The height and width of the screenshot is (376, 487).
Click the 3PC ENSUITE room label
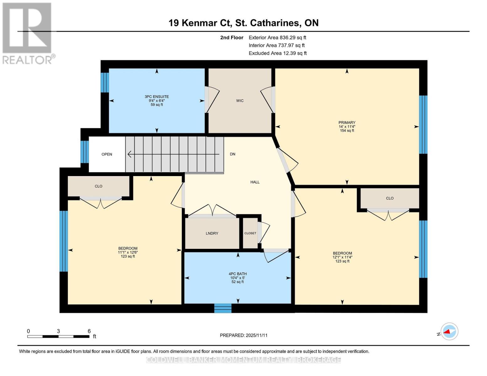tap(157, 97)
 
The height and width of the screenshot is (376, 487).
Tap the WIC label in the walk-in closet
tap(240, 101)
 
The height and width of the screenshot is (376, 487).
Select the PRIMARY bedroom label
tap(347, 123)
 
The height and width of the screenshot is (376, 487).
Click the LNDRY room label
tap(212, 233)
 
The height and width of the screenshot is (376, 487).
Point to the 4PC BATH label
tap(238, 274)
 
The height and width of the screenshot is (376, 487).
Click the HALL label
tap(255, 182)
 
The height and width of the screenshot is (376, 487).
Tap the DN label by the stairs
tap(233, 154)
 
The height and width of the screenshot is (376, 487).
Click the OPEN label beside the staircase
tap(107, 154)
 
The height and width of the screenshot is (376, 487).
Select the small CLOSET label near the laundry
tap(250, 233)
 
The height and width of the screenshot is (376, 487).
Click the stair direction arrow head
tap(129, 154)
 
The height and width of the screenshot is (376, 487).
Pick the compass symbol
tap(449, 331)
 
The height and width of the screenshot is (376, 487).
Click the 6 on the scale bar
tap(89, 331)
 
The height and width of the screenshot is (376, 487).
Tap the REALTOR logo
tap(28, 33)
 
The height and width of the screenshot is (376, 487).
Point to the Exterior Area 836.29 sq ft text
tap(277, 38)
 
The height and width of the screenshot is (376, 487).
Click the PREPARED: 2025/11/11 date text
tap(244, 335)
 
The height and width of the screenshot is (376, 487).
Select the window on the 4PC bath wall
tap(223, 308)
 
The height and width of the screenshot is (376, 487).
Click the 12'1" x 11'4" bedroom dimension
tap(342, 257)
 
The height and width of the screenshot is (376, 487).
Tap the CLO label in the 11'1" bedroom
tap(98, 186)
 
